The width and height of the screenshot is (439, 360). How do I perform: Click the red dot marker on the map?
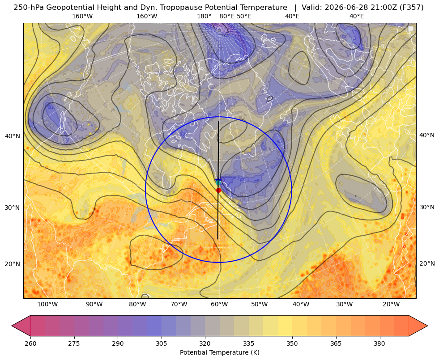218,190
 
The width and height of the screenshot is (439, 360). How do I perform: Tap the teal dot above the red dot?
218,182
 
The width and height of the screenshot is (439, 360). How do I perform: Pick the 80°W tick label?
137,304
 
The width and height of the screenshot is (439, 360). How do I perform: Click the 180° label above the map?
204,16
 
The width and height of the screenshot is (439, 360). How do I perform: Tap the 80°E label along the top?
226,16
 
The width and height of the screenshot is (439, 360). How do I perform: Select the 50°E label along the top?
244,16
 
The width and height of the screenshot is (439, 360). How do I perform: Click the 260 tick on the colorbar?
30,343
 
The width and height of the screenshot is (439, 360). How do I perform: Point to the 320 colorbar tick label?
205,343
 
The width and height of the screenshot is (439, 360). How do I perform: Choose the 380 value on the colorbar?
379,343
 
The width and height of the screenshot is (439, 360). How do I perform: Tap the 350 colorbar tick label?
292,343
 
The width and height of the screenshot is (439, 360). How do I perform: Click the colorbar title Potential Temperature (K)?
219,352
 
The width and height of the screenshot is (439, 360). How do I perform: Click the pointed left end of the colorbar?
12,326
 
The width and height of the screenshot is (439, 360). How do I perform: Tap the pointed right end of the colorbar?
427,326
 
